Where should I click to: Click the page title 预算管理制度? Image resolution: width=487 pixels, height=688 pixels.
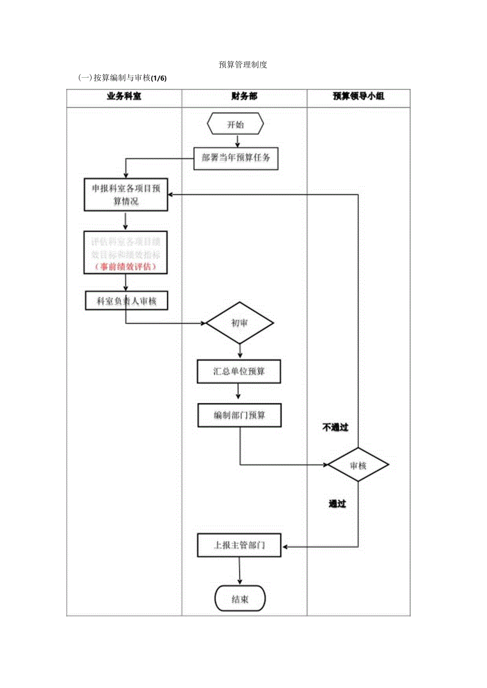coord(243,65)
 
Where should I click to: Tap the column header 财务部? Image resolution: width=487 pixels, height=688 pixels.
coord(244,97)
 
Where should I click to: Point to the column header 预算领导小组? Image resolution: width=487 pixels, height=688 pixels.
coord(358,97)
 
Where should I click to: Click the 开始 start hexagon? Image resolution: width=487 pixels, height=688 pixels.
coord(236,125)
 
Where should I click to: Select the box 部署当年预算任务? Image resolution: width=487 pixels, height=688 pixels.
coord(236,158)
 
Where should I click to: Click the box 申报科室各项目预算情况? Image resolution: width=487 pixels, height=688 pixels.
coord(125,195)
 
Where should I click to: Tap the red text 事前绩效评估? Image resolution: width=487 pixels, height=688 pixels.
coord(125,267)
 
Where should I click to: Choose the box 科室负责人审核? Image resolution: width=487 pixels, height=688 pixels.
coord(125,301)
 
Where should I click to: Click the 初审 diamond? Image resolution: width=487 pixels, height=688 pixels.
coord(240,323)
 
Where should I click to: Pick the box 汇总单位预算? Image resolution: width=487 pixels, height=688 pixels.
coord(239,372)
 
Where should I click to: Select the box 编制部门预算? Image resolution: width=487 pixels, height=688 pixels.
coord(239,416)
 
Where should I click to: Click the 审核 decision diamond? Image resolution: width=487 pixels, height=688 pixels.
coord(358,465)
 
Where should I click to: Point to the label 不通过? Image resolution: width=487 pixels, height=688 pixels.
coord(336,427)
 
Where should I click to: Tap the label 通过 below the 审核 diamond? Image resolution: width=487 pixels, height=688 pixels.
coord(337,504)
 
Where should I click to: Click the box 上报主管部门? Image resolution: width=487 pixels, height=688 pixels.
coord(239,545)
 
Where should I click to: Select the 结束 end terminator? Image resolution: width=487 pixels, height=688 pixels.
coord(240,599)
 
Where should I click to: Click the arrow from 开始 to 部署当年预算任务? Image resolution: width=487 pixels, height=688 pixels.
coord(238,141)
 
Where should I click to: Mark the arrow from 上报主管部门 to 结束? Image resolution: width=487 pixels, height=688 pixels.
coord(240,571)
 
